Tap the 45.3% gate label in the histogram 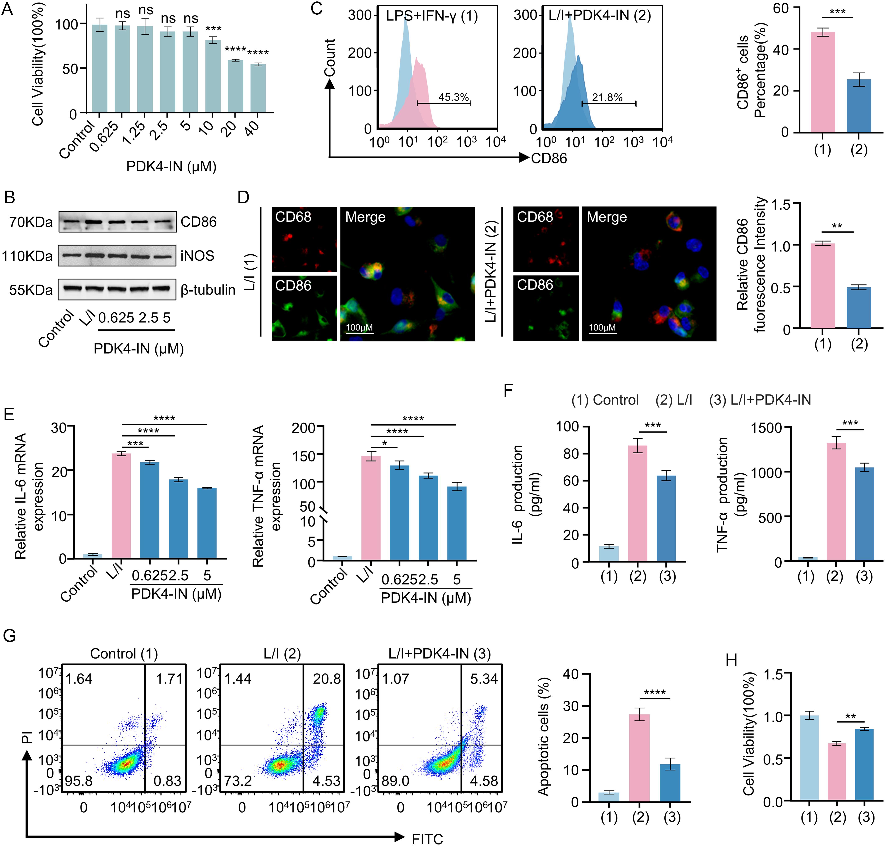(x=454, y=97)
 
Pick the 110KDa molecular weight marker (x=27, y=256)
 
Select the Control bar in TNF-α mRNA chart (x=342, y=558)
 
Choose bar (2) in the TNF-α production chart (x=836, y=502)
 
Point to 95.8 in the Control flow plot (x=79, y=781)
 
